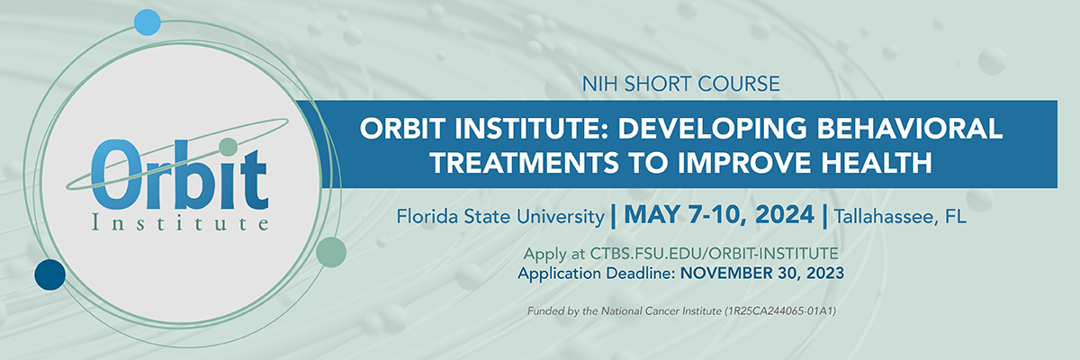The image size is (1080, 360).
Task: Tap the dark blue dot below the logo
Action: pos(49,274)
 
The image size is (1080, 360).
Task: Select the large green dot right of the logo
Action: pos(332,252)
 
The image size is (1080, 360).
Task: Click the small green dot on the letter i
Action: pos(228,146)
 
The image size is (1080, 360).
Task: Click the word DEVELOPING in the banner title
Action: pos(724,129)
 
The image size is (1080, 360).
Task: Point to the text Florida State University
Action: pos(499,216)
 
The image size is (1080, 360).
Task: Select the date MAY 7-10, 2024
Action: pos(718,216)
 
